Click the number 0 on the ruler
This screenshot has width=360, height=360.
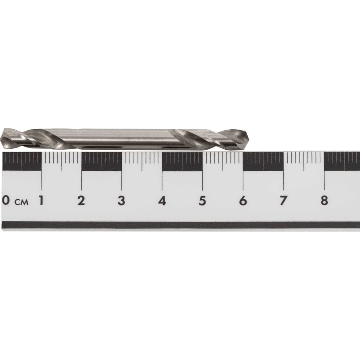point(6,201)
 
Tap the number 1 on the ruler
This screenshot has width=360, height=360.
point(41,201)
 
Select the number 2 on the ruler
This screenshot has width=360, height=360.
point(81,201)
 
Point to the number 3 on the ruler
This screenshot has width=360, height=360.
point(121,201)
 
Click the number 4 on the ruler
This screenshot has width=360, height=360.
point(162,201)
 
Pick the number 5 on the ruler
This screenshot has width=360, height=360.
point(202,201)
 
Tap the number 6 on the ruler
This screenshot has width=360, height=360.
point(243,201)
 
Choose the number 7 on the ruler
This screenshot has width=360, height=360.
point(283,201)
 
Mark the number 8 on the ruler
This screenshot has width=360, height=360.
point(324,201)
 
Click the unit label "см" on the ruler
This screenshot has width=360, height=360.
point(22,202)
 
